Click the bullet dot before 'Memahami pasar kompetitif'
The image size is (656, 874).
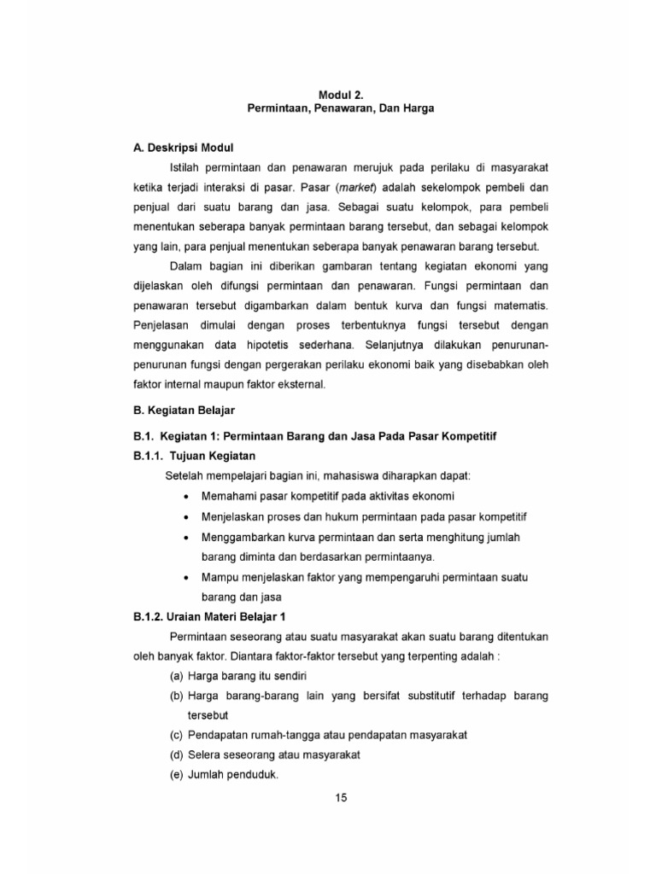coord(187,496)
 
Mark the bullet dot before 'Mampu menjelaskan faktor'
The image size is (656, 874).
coord(187,578)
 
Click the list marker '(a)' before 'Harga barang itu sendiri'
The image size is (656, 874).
coord(176,675)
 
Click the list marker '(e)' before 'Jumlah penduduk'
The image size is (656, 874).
coord(176,775)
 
